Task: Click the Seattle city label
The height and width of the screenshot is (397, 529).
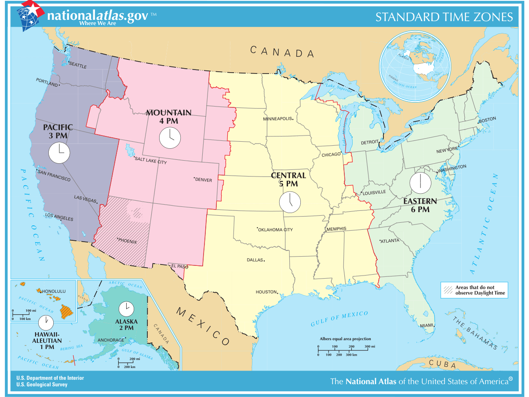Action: (x=78, y=66)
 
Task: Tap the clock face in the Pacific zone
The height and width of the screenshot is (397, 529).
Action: (x=59, y=152)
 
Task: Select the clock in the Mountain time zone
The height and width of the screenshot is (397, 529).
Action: (x=169, y=137)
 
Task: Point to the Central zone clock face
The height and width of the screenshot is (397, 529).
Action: (x=290, y=202)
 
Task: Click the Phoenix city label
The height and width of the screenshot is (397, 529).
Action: (x=127, y=242)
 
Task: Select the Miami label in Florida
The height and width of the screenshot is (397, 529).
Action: (x=426, y=325)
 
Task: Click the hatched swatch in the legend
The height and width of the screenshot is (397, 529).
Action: (x=448, y=290)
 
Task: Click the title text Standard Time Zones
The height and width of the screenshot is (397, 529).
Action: (x=444, y=17)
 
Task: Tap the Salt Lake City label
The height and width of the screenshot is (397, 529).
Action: (x=151, y=162)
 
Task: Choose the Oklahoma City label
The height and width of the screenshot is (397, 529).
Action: (x=276, y=230)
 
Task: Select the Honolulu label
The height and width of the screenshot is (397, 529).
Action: (x=53, y=291)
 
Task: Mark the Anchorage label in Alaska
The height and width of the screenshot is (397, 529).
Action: (x=110, y=340)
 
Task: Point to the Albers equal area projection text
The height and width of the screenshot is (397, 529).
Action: (x=345, y=339)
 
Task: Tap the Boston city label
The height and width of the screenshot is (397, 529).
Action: (x=487, y=119)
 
